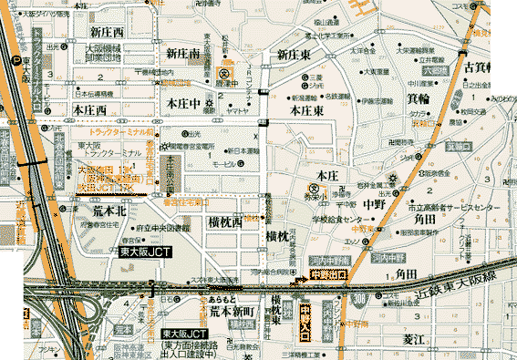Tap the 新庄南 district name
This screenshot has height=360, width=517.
tap(182, 56)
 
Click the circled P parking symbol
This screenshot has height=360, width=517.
tap(16, 60)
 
